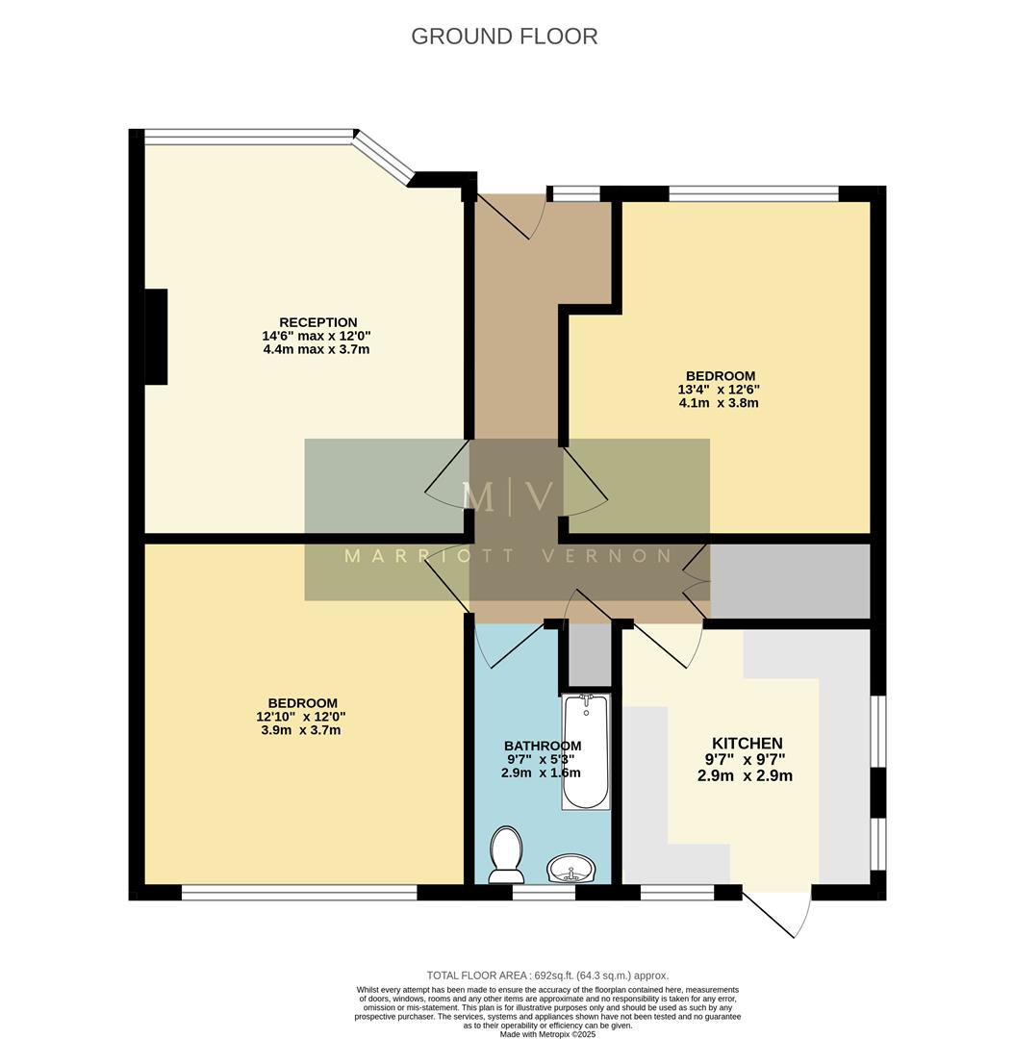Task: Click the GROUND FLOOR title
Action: (504, 37)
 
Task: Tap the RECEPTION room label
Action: (317, 322)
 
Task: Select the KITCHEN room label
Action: (747, 744)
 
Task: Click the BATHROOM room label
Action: (543, 746)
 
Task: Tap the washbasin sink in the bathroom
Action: (572, 870)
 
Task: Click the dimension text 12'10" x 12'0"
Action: (301, 717)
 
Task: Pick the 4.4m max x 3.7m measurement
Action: (316, 349)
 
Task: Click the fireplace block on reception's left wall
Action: (156, 337)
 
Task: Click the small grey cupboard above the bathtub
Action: (588, 655)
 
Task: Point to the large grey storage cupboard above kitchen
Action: (790, 581)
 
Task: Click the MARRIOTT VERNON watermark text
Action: (508, 556)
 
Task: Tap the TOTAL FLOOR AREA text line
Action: (547, 976)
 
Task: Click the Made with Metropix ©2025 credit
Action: (547, 1033)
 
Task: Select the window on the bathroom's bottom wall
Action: (544, 893)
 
